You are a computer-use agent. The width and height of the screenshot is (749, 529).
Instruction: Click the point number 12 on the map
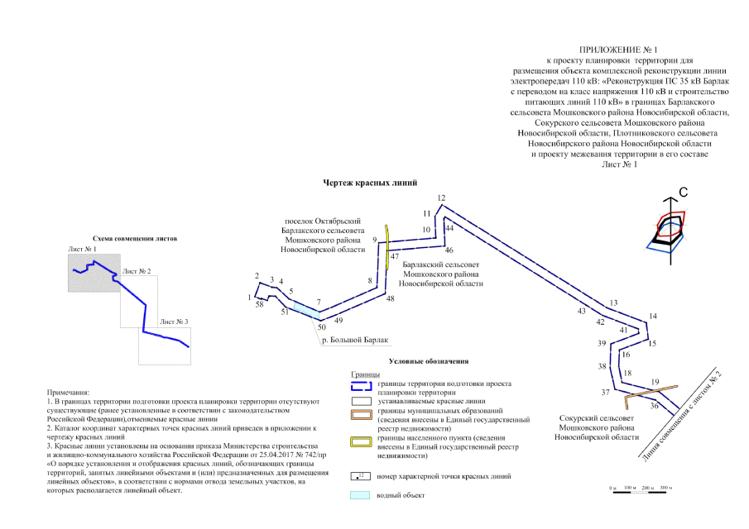(x=441, y=198)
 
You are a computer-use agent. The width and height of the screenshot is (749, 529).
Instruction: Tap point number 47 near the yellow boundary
(x=395, y=256)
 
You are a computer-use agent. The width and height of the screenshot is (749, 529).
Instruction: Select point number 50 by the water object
(x=321, y=326)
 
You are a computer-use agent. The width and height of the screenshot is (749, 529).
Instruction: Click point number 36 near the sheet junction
(x=654, y=405)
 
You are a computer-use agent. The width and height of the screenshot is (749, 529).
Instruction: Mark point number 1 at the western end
(x=249, y=296)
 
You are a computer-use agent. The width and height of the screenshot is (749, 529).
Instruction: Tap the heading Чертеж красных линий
(x=368, y=182)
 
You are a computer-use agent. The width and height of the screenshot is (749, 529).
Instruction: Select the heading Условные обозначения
(x=427, y=361)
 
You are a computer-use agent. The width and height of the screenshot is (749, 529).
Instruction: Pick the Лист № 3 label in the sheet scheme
(x=174, y=321)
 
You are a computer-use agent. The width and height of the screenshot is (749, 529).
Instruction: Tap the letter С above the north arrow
(x=684, y=193)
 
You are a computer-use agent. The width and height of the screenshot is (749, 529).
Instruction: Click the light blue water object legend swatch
(x=358, y=495)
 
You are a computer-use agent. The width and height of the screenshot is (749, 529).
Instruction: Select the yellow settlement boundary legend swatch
(x=358, y=441)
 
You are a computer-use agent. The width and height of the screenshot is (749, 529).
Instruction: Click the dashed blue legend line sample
(x=358, y=385)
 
